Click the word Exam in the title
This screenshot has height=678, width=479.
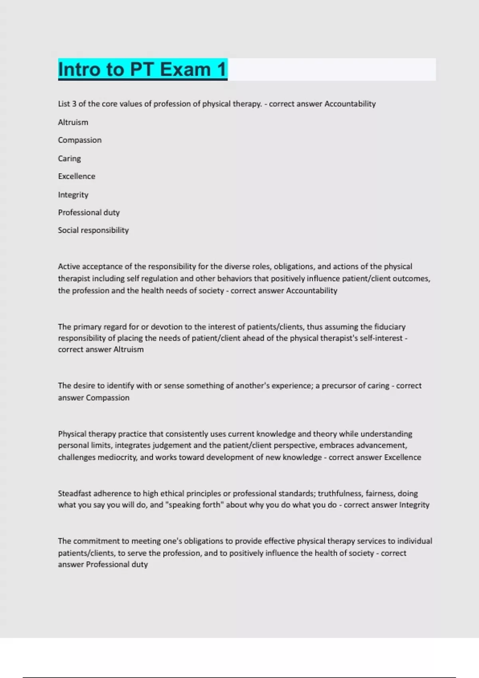point(185,69)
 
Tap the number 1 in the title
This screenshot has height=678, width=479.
point(222,69)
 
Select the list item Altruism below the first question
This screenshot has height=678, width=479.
point(73,122)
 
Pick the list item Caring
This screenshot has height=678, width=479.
point(69,158)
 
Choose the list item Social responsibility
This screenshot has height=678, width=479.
point(93,230)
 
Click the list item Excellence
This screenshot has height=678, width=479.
point(77,176)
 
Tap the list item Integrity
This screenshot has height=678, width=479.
point(73,195)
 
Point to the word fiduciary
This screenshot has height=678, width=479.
point(390,327)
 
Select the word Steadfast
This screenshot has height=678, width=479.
point(74,493)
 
